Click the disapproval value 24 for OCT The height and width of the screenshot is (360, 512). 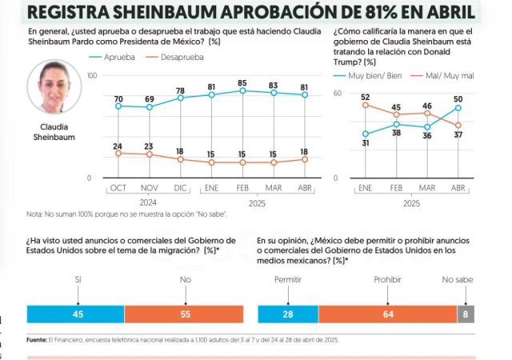pos(118,146)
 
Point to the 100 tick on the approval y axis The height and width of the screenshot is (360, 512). pos(91,75)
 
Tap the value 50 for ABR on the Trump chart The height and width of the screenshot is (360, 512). pos(458,98)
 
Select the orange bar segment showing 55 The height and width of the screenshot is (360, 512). pos(184,314)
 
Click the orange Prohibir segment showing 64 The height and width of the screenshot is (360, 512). pos(386,314)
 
